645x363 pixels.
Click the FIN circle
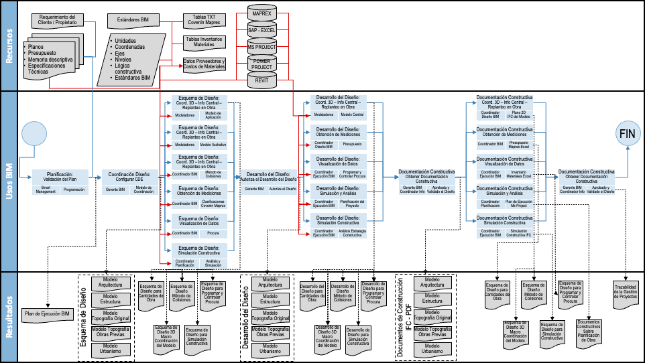point(627,134)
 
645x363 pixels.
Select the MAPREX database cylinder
point(261,14)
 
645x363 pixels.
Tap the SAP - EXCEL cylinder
point(261,31)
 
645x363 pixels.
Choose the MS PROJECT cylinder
point(261,48)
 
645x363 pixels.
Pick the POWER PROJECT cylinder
point(261,64)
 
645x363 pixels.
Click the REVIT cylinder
point(261,81)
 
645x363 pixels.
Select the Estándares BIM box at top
point(133,20)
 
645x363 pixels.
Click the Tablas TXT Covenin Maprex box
point(204,20)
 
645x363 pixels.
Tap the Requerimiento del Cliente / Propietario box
point(58,19)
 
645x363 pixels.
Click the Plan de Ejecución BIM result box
point(47,313)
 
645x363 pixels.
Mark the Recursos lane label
point(9,46)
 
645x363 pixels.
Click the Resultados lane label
point(9,315)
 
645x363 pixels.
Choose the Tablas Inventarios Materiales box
point(204,42)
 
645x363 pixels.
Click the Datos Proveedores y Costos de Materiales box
point(204,64)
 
